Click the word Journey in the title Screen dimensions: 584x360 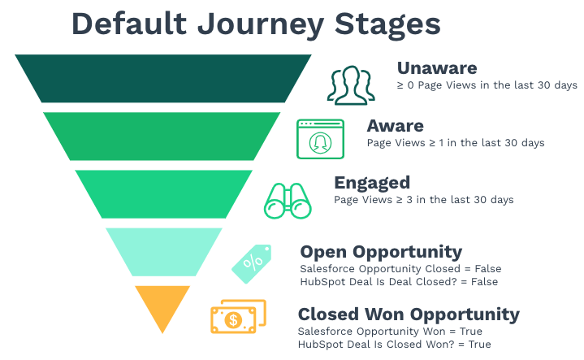click(x=261, y=25)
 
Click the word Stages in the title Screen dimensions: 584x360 click(x=387, y=25)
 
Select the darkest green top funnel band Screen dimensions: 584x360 click(x=163, y=78)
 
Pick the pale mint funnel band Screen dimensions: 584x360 click(x=164, y=252)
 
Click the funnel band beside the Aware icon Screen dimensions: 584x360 click(x=162, y=136)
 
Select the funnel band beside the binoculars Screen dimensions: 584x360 click(x=163, y=193)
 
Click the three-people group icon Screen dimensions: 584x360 click(x=351, y=85)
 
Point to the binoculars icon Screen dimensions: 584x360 click(x=288, y=201)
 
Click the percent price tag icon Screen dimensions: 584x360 click(x=252, y=263)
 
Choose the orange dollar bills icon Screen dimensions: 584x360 click(x=238, y=316)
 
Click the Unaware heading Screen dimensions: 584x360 click(x=437, y=68)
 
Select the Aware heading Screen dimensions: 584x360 click(x=396, y=126)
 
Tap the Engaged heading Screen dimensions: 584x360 click(x=372, y=183)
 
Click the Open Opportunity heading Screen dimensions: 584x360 click(x=381, y=252)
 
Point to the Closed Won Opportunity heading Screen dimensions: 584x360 click(x=409, y=315)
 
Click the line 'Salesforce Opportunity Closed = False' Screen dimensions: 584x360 click(x=400, y=269)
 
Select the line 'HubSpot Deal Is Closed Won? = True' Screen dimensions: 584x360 click(x=395, y=345)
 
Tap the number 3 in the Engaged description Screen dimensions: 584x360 click(x=409, y=200)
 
